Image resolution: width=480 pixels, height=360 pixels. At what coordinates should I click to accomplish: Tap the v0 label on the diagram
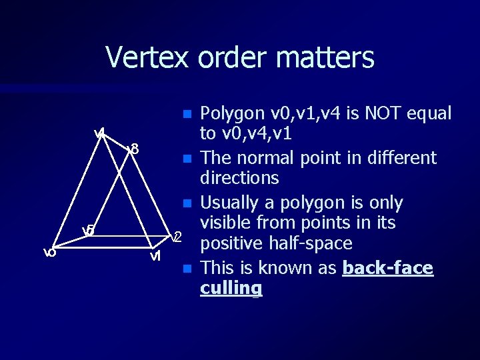(49, 252)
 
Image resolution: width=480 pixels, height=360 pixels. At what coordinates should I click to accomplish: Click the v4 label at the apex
(100, 133)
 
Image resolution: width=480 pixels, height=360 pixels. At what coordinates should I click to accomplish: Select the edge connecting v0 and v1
(100, 251)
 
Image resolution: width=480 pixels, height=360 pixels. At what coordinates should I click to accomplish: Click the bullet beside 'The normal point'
(188, 159)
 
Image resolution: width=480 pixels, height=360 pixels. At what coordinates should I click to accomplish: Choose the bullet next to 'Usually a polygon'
(188, 203)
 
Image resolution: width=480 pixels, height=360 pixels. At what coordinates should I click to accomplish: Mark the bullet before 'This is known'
(188, 269)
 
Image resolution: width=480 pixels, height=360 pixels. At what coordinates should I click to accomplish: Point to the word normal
(291, 158)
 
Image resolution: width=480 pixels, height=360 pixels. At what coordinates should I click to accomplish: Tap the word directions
(239, 178)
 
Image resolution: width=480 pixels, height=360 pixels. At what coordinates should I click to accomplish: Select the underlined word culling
(231, 289)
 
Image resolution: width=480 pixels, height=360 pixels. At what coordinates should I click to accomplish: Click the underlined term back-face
(387, 268)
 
